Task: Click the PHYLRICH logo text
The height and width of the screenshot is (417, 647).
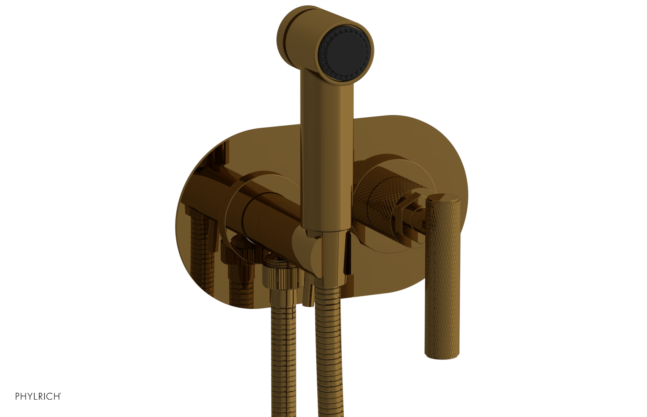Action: click(x=38, y=396)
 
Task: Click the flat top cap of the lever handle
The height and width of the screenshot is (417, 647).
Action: click(x=444, y=198)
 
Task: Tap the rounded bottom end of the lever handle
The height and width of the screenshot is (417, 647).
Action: click(x=442, y=354)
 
